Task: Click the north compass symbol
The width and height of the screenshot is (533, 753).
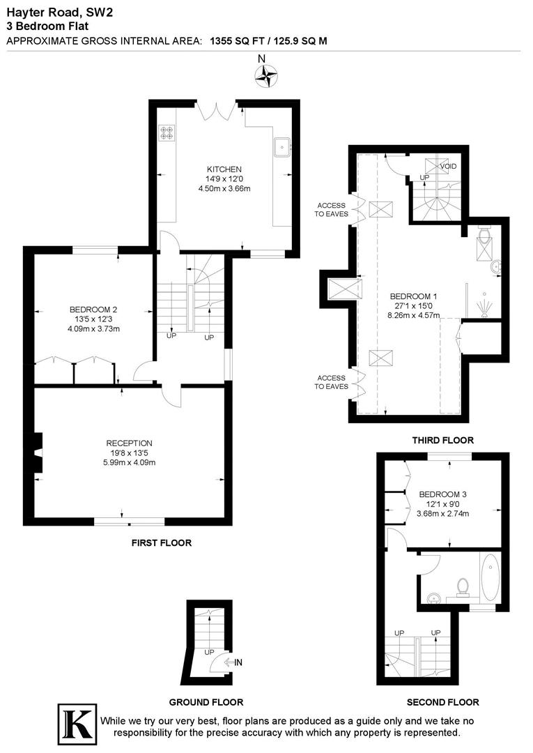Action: [266, 75]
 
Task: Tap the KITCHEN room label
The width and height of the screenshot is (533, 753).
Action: [224, 169]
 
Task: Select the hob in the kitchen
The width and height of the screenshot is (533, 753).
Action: [167, 132]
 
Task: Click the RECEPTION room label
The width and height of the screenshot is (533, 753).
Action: [129, 443]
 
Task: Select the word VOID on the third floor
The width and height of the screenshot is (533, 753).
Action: [448, 165]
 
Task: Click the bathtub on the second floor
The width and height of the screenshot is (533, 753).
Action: [489, 577]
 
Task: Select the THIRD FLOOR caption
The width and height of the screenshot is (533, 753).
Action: [442, 440]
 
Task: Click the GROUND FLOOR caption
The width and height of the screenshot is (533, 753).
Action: [206, 702]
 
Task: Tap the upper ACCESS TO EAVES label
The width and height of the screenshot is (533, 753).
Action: [332, 210]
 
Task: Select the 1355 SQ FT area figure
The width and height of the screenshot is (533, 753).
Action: [238, 41]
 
